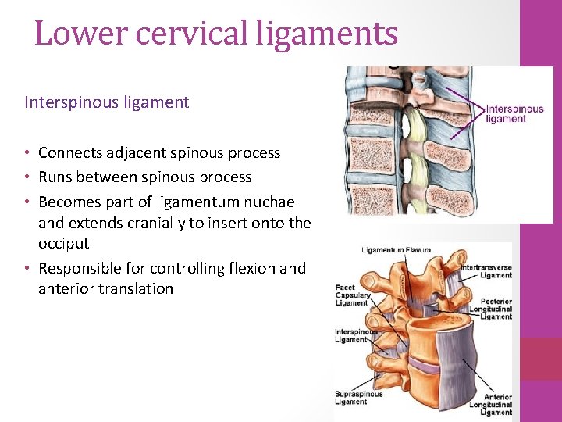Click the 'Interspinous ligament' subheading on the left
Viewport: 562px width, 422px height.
[107, 102]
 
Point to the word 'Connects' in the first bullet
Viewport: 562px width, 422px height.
[69, 152]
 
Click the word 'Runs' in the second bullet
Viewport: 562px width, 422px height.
[55, 177]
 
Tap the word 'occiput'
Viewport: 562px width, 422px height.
[64, 243]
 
